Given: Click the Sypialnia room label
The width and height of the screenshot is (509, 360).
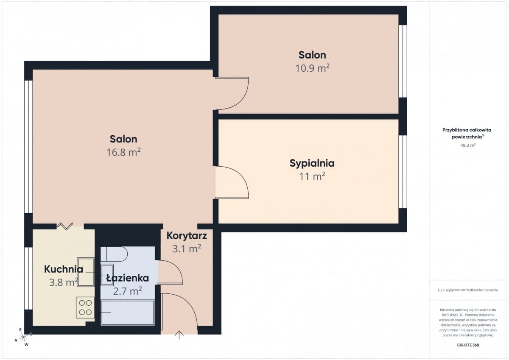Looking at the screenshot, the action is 312,164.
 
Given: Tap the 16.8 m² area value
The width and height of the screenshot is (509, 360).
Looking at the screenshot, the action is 123,152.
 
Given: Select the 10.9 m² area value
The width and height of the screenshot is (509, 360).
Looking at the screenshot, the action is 312,68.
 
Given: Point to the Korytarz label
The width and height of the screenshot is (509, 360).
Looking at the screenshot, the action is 187,236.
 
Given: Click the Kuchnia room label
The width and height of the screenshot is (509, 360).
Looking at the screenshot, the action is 64,269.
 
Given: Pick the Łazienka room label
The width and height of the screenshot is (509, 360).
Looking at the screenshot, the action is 128,278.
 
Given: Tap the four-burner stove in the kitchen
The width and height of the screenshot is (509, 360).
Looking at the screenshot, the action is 85,307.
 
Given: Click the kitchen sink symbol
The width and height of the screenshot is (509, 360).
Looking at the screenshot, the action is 86,272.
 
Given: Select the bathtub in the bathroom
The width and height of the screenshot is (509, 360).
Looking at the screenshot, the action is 128,313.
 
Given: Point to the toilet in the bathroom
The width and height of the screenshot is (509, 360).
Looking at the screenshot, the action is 114,254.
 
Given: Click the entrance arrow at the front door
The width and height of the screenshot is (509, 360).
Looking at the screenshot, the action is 179,335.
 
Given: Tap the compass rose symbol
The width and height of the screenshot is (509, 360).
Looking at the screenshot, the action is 23,337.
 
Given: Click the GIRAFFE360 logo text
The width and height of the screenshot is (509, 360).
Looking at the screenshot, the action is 468,345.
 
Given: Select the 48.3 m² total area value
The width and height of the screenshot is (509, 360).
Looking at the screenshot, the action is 468,145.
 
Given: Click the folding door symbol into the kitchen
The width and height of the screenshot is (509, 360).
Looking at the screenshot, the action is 65,226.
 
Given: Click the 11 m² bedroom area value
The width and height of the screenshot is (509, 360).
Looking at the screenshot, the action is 312,176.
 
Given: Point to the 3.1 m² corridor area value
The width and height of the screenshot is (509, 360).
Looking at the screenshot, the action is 187,249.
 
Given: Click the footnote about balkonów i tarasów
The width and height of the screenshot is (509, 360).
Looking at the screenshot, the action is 468,290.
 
